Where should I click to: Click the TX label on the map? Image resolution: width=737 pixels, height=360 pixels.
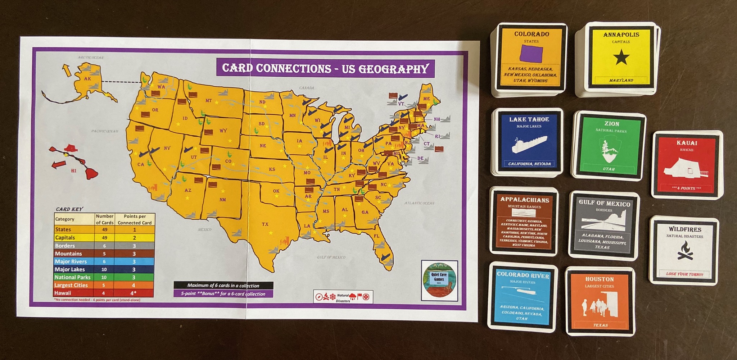(x=265, y=224)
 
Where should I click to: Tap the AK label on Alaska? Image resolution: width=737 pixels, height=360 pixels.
(x=87, y=79)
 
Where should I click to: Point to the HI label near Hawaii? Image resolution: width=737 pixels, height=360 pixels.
(x=74, y=171)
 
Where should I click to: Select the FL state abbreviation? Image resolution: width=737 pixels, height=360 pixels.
(x=376, y=236)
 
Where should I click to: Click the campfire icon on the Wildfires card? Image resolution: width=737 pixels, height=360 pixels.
(x=685, y=250)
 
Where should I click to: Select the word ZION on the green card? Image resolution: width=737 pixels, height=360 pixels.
(x=612, y=123)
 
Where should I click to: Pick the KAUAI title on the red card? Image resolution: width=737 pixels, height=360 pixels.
(x=687, y=143)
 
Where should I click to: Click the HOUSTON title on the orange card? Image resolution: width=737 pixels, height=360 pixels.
(x=600, y=279)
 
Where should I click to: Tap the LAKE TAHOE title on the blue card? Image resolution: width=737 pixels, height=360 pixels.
(x=529, y=119)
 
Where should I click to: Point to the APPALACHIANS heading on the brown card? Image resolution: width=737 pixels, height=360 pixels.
(x=525, y=200)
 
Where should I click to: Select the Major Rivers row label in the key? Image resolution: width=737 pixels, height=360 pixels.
(x=71, y=261)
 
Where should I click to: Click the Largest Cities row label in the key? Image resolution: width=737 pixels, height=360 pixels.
(x=71, y=285)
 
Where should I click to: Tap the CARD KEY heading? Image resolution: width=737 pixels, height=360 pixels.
(x=69, y=209)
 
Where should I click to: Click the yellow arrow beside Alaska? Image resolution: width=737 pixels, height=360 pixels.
(x=67, y=70)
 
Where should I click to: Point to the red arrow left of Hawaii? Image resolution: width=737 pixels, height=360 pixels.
(x=59, y=165)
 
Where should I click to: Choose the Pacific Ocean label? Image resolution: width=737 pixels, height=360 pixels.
(x=105, y=131)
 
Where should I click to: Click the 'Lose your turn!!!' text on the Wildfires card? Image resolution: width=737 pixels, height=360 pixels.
(x=684, y=274)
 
